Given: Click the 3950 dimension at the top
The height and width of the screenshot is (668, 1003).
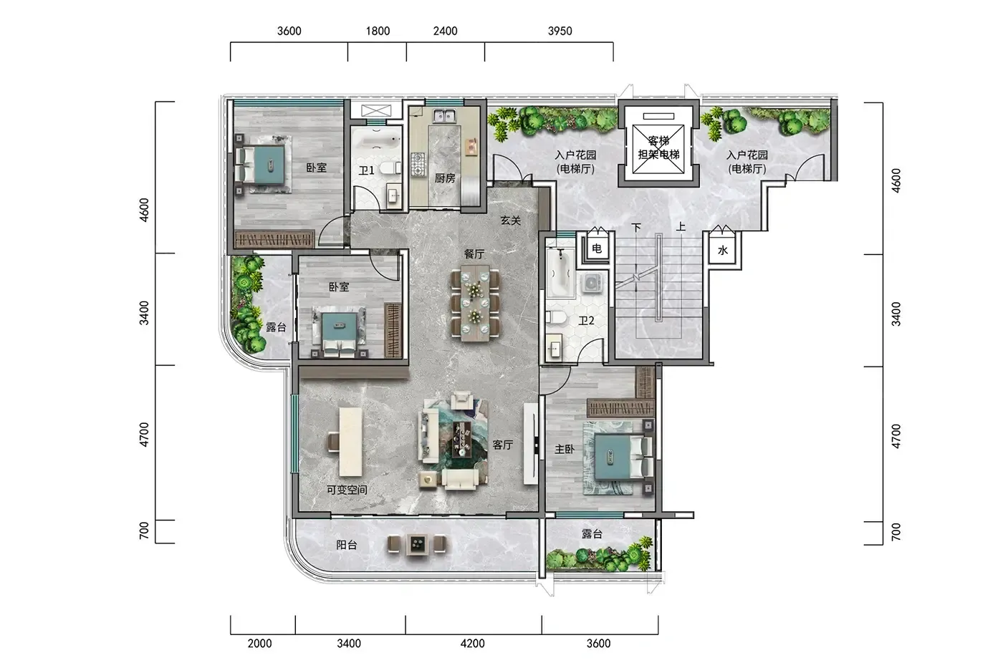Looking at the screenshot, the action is [x=560, y=31].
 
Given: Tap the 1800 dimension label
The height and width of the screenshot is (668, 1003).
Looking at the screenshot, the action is [x=378, y=31].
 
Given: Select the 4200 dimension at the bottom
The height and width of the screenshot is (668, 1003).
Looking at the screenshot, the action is [x=472, y=644].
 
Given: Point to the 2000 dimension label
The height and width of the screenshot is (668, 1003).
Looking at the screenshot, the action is [x=259, y=644].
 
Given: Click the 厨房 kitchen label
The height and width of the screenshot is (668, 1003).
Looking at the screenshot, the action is [x=445, y=178].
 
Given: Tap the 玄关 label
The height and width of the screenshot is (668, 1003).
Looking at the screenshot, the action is [x=510, y=220].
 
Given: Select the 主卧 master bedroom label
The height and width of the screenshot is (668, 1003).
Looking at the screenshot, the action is [x=565, y=449].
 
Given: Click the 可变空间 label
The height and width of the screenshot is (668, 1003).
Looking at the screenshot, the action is [x=347, y=490].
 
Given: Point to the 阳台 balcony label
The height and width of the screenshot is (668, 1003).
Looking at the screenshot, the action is [x=347, y=545].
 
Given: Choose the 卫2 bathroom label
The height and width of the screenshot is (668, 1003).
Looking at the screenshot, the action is [x=586, y=320].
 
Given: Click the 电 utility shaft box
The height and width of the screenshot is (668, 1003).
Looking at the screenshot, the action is [x=596, y=248].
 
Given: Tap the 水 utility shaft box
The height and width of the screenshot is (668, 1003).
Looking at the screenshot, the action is [x=723, y=250].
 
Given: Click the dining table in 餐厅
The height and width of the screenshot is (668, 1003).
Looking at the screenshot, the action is [x=474, y=303].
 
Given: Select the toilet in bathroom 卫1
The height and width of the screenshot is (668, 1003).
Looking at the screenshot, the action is [x=390, y=169].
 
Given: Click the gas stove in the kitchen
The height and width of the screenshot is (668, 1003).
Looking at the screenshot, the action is [x=418, y=164].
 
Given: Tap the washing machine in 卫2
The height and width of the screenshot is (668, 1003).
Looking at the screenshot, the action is [x=592, y=283].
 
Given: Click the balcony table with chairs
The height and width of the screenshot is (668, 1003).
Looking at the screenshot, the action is [x=417, y=544].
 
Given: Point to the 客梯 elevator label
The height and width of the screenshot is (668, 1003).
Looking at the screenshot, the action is [x=658, y=141].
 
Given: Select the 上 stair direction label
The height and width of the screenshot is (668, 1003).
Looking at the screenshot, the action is [x=681, y=227].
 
